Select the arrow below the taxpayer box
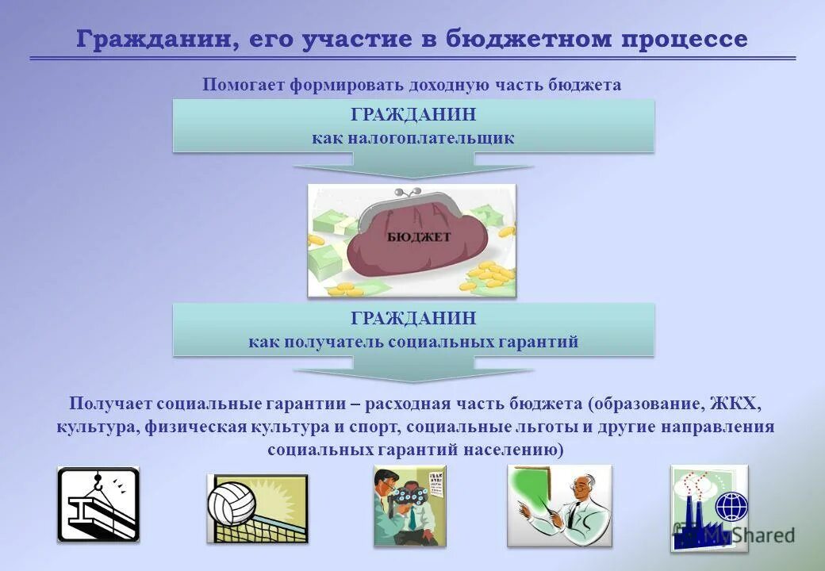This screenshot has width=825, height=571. click(x=412, y=167)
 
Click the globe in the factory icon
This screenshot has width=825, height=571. click(x=731, y=505)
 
